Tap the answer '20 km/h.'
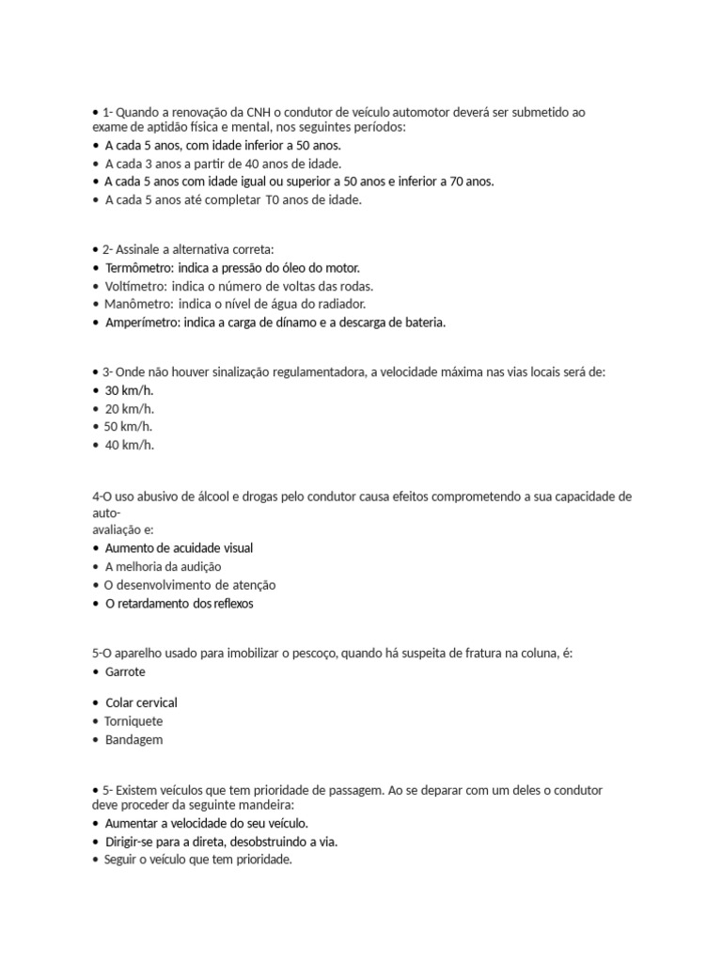pyautogui.click(x=130, y=408)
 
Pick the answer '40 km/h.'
pyautogui.click(x=130, y=445)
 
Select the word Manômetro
pyautogui.click(x=138, y=304)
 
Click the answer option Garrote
pyautogui.click(x=125, y=672)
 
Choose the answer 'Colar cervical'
pyautogui.click(x=141, y=703)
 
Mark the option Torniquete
pyautogui.click(x=134, y=721)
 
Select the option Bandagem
pyautogui.click(x=134, y=740)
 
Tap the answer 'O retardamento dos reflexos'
pyautogui.click(x=179, y=604)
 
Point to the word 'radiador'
pyautogui.click(x=340, y=304)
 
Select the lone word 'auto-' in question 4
pyautogui.click(x=106, y=513)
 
